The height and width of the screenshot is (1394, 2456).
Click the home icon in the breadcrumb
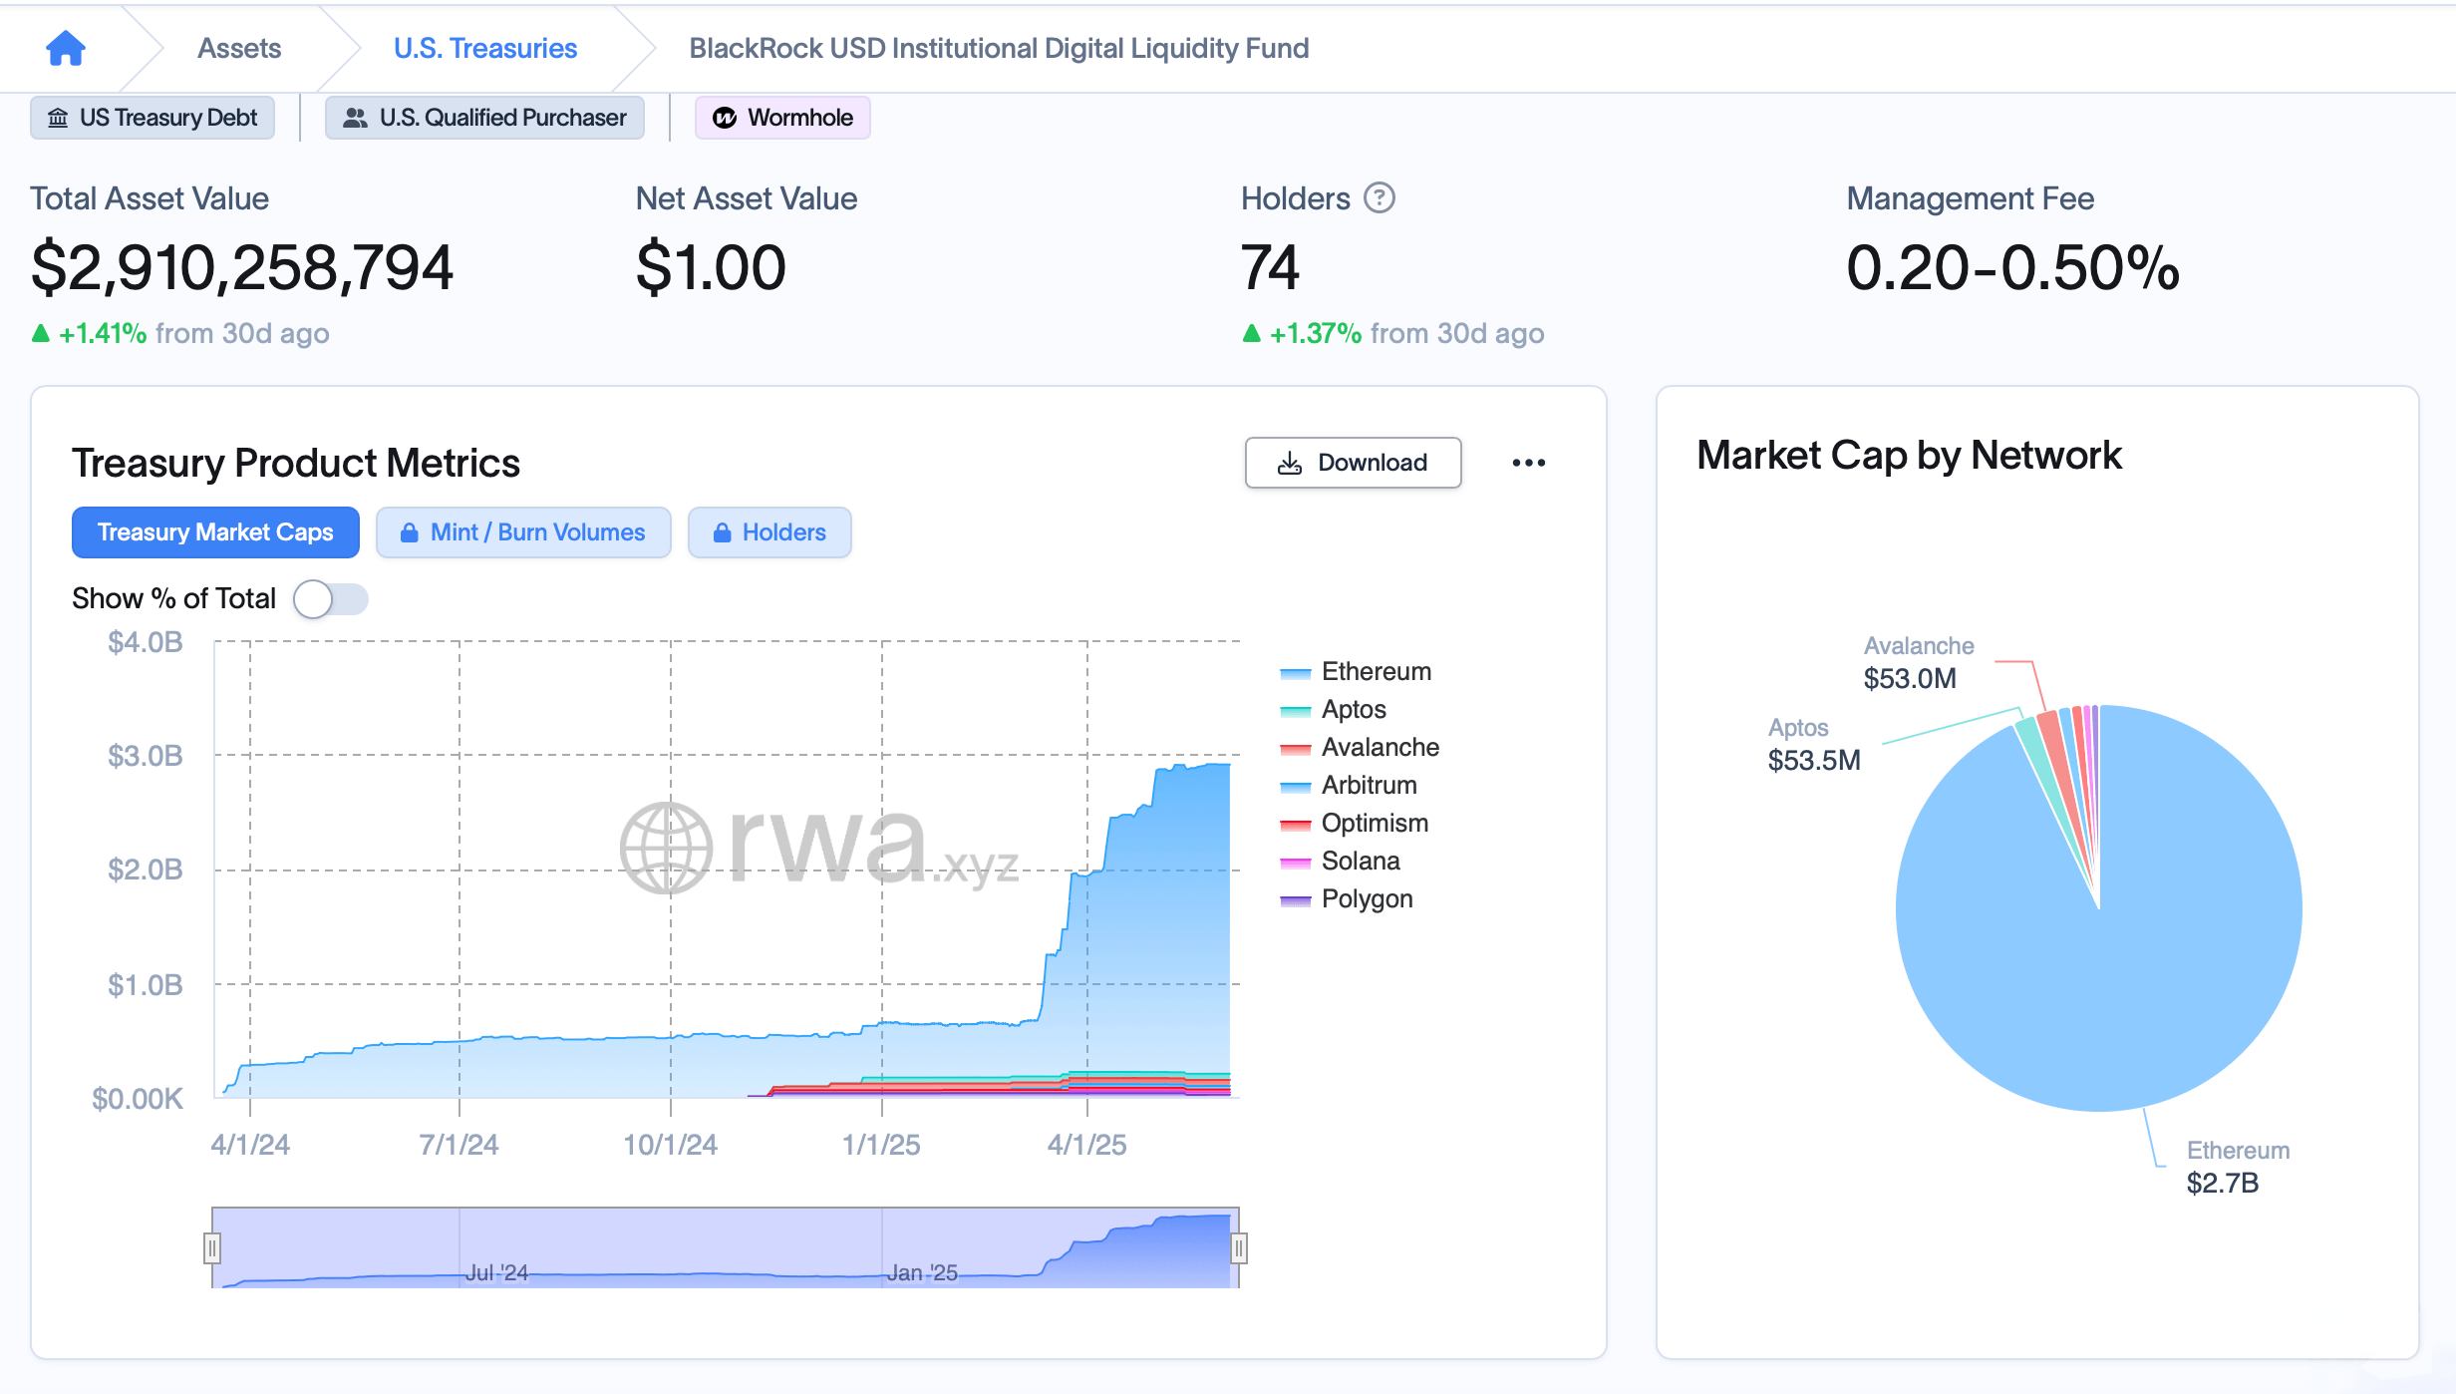[x=66, y=48]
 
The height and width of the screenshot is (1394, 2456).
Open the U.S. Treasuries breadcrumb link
[x=484, y=48]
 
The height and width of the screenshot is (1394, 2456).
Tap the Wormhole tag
[x=782, y=118]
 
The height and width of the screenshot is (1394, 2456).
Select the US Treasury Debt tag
[x=153, y=118]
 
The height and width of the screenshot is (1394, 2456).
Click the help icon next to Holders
[x=1379, y=198]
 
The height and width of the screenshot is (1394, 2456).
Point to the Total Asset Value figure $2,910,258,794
[x=242, y=267]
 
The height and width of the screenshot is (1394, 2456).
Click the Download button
[x=1353, y=463]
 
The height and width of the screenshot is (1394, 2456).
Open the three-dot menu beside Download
[x=1528, y=463]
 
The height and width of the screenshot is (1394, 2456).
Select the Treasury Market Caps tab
[x=215, y=532]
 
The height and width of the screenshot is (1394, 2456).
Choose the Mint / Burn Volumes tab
[x=523, y=532]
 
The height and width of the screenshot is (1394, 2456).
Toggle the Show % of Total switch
[x=330, y=599]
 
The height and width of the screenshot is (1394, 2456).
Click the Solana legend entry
[x=1360, y=861]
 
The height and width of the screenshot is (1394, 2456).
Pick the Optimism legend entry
[x=1374, y=823]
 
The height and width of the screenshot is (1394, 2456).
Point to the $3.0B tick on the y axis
[x=146, y=756]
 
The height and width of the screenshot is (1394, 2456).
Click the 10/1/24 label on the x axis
[x=670, y=1145]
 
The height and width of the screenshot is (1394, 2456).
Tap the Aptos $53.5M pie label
[x=1813, y=745]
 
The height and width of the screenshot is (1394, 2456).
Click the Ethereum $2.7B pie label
[x=2236, y=1167]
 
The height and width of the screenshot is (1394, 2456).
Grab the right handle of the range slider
[x=1239, y=1248]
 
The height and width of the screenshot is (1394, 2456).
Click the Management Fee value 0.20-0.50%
[x=2011, y=267]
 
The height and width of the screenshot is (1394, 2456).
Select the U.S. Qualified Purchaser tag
[x=484, y=118]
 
